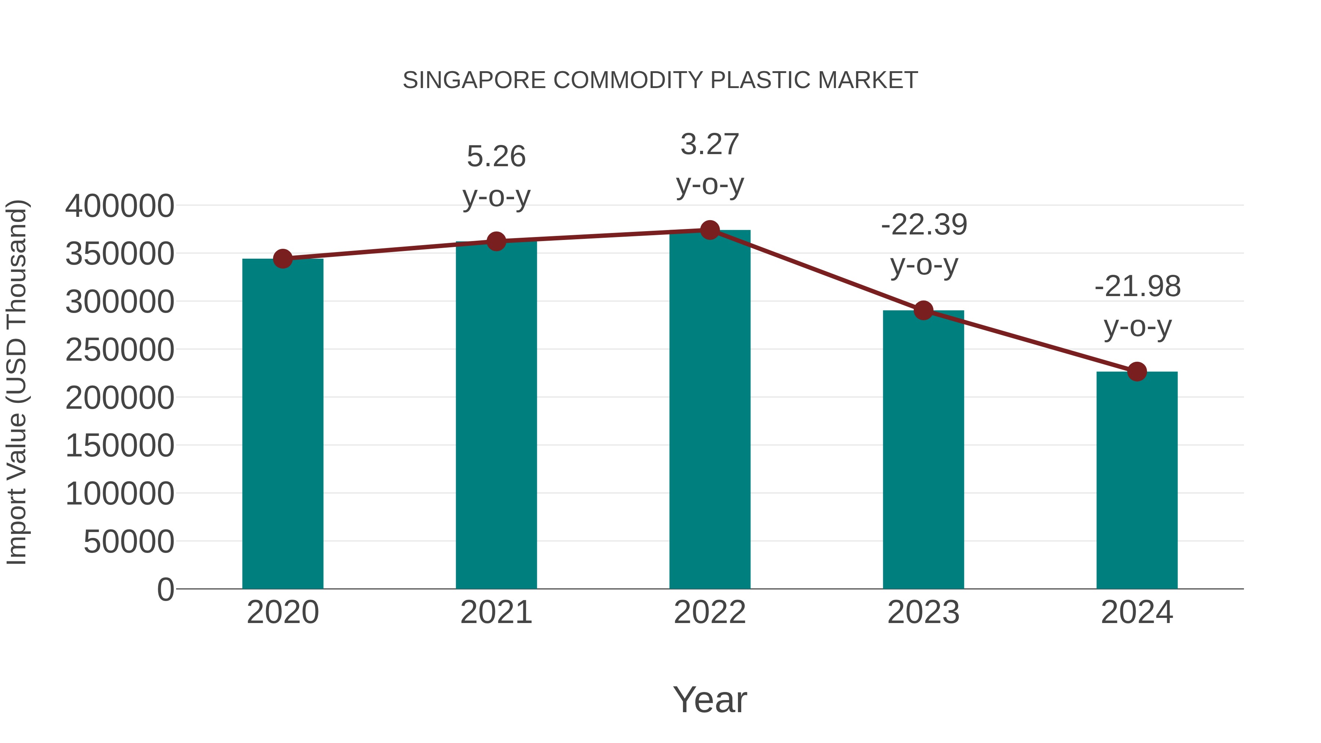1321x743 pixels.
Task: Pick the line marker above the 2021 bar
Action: (496, 241)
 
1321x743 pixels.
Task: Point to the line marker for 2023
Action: (923, 310)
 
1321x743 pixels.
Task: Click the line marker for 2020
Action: (283, 259)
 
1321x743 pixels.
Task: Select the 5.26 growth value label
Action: (496, 156)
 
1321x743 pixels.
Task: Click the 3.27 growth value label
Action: (710, 144)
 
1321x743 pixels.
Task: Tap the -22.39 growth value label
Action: (924, 225)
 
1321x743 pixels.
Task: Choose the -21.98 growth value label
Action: (1137, 286)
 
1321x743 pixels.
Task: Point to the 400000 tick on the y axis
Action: (120, 206)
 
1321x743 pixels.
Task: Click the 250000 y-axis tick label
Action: (120, 350)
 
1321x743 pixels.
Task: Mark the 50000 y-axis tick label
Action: (129, 542)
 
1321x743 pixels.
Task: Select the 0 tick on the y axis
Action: (165, 589)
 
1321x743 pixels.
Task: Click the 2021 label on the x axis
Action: (496, 612)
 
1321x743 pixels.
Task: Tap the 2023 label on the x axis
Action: (923, 612)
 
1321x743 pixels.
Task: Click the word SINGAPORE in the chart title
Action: (474, 80)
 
